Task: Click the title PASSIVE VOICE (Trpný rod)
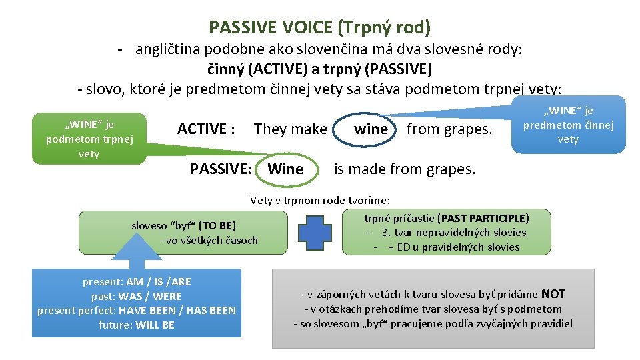tap(319, 27)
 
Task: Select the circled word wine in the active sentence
tap(371, 129)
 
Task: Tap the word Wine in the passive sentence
tap(285, 169)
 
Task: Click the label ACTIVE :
tap(206, 129)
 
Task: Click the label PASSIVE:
tap(221, 169)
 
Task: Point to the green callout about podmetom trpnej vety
tap(89, 139)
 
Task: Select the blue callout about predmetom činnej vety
tap(568, 125)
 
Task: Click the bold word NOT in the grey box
tap(553, 294)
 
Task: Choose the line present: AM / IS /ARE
tap(137, 281)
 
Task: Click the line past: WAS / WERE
tap(137, 296)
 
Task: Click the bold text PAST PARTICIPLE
tap(483, 218)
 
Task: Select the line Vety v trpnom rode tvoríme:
tap(320, 200)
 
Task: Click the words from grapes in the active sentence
tap(449, 129)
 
